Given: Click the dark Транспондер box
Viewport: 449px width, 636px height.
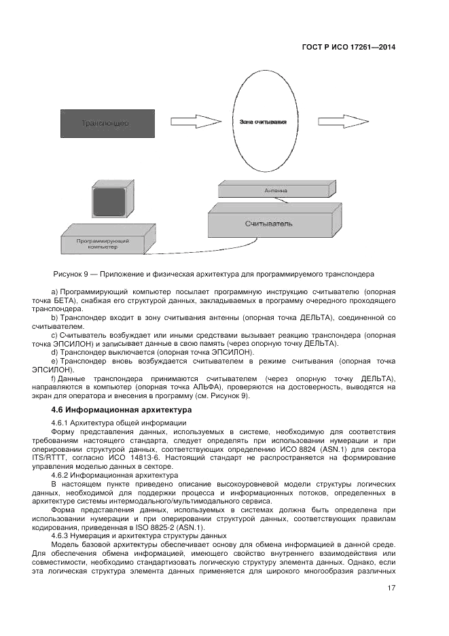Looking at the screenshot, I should click(105, 124).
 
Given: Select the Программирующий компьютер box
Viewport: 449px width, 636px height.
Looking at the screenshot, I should click(101, 243).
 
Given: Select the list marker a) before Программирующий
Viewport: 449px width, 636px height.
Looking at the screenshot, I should click(54, 291).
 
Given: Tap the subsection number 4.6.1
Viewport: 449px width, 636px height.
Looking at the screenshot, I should click(63, 423).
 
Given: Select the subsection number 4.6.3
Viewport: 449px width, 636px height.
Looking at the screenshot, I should click(63, 535).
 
